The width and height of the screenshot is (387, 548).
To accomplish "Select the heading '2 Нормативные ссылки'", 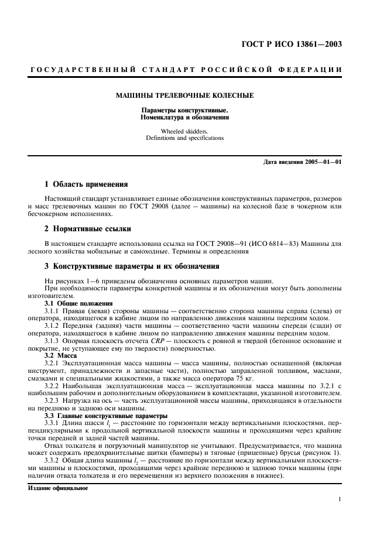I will point(84,228).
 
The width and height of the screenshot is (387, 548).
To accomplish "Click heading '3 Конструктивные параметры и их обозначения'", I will point(128,266).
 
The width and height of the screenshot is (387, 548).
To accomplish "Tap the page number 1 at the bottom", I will point(340,499).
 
